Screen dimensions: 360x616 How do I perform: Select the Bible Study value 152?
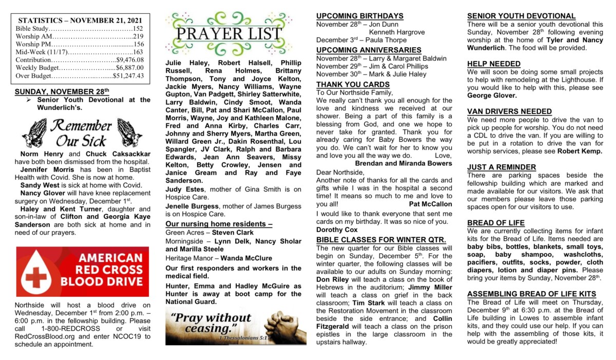[138, 29]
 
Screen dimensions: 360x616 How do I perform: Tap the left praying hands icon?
[34, 133]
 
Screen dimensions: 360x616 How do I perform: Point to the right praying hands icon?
[130, 133]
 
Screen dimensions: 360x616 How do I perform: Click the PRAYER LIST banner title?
[228, 34]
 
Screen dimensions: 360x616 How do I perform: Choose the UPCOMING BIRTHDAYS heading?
[359, 16]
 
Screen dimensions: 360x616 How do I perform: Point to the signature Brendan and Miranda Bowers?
[403, 163]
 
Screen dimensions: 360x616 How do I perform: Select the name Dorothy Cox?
[337, 230]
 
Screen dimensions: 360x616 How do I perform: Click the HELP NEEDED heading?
[494, 64]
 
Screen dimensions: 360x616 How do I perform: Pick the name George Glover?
[492, 96]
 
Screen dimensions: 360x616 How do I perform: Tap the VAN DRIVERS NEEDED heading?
[509, 111]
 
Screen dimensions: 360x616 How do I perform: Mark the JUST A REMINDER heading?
[502, 167]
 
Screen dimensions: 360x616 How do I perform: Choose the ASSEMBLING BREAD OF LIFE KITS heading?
[531, 294]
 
